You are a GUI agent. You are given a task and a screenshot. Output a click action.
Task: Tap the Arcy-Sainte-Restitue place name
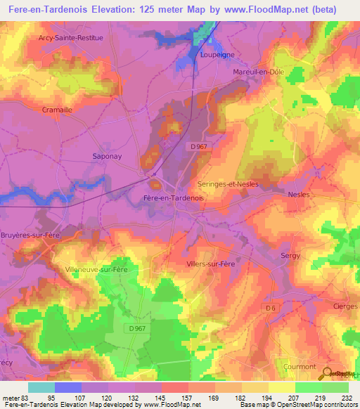click(x=70, y=37)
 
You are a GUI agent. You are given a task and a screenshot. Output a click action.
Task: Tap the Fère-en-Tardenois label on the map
click(x=173, y=198)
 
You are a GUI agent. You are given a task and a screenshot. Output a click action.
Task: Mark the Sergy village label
click(x=290, y=256)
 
